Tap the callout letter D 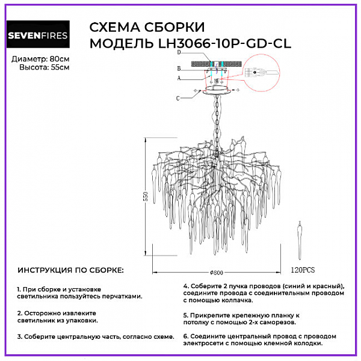179,54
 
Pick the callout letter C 177,97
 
